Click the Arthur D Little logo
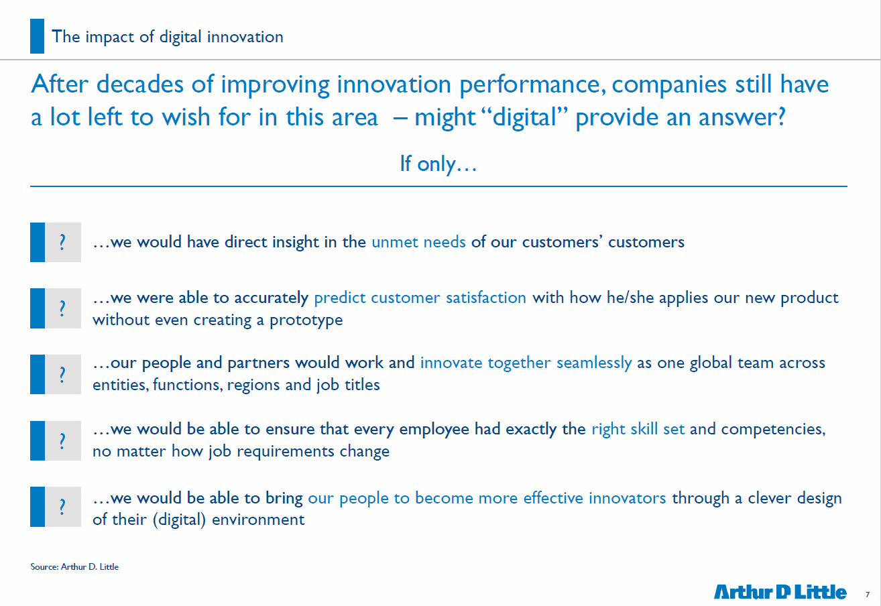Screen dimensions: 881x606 780,592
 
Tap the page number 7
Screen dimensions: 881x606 867,595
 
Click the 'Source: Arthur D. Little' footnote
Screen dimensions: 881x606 74,566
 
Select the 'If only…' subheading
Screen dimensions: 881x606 438,164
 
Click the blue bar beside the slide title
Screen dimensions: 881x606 37,36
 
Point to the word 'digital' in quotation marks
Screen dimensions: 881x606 524,117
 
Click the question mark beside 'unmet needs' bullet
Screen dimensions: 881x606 62,242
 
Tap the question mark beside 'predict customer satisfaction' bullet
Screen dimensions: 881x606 62,308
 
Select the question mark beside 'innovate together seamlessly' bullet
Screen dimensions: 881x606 62,374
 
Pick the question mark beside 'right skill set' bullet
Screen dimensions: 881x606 62,441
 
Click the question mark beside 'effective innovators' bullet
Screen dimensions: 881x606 62,507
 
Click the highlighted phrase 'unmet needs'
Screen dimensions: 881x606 418,242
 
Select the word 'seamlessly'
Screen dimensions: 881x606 594,363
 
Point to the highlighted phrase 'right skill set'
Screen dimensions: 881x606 638,429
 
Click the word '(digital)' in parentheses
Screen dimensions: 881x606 179,520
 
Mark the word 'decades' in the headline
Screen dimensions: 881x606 140,84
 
